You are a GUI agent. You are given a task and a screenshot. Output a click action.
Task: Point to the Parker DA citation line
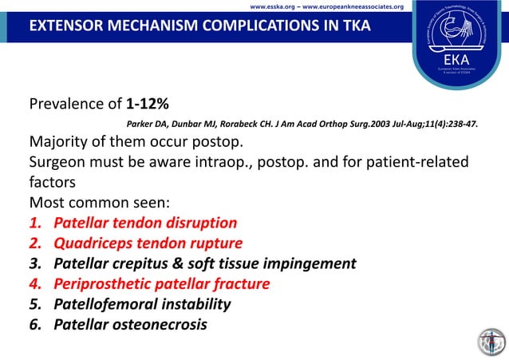308,125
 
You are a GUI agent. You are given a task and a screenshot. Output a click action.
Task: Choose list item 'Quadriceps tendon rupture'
148,243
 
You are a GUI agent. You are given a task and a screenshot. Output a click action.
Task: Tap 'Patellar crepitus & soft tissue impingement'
204,263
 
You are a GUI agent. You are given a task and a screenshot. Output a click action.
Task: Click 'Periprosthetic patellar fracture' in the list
161,283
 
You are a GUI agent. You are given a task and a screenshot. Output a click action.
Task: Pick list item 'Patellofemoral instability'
142,304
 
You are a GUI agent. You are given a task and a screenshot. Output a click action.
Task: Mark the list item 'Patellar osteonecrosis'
130,324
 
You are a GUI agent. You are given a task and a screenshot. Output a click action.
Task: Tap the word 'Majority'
61,143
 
